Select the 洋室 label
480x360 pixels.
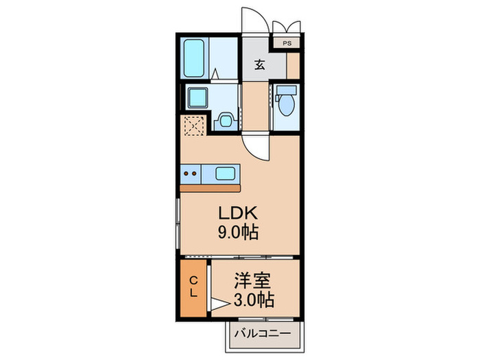(253, 280)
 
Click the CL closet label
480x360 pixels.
(193, 286)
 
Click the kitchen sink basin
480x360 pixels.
(226, 173)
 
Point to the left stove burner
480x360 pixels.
(187, 173)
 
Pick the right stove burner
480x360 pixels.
(196, 173)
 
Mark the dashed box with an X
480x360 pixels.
(193, 125)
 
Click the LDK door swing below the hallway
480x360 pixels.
(255, 145)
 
